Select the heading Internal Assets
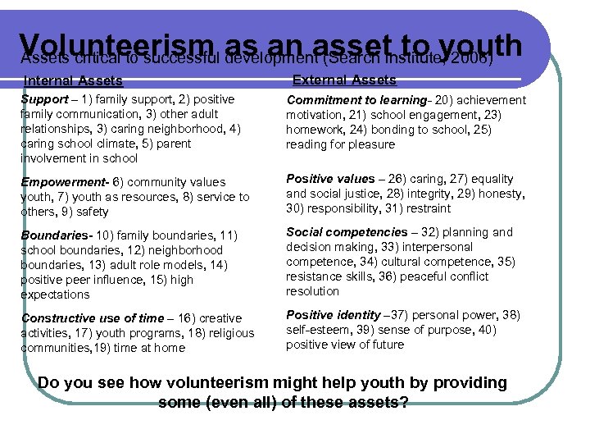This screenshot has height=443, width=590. [x=73, y=81]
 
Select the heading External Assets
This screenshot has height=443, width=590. [x=344, y=80]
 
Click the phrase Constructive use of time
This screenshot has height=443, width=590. [x=93, y=318]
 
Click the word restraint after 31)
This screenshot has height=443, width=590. [x=427, y=208]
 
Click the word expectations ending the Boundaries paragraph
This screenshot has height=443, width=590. [x=55, y=295]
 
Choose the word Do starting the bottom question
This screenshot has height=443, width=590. [x=49, y=383]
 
